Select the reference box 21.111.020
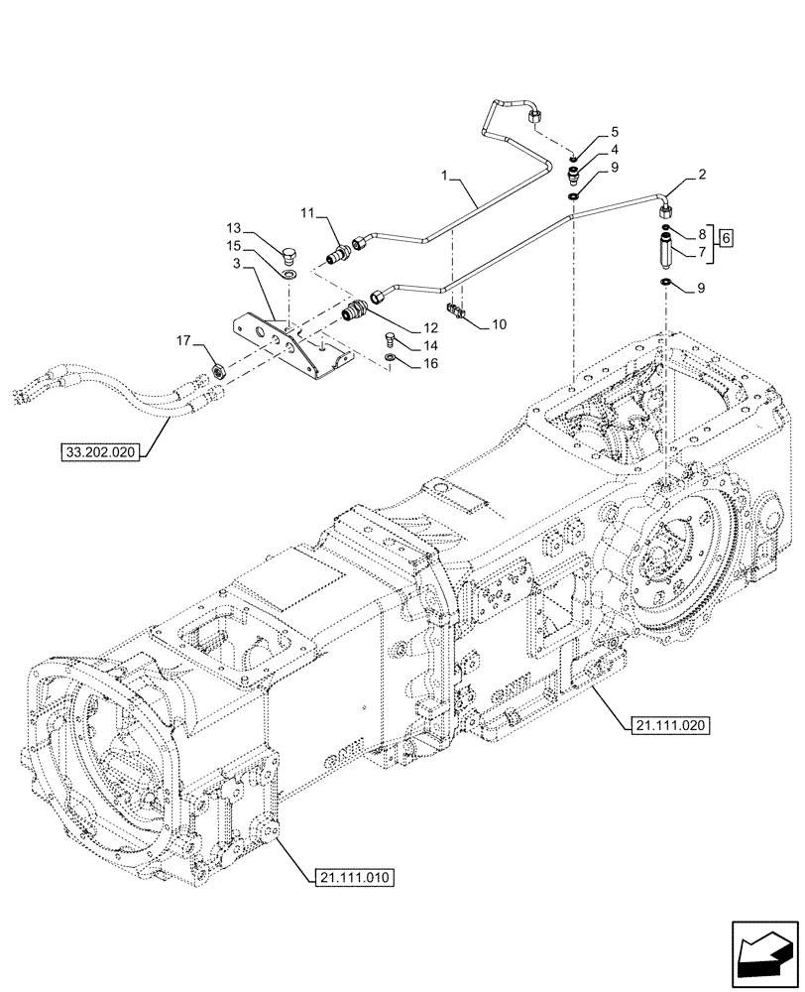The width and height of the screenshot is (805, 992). click(669, 726)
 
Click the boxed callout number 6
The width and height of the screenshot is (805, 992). click(727, 238)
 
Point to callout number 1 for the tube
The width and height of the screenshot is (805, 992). click(447, 175)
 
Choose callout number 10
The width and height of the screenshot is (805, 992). click(499, 324)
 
